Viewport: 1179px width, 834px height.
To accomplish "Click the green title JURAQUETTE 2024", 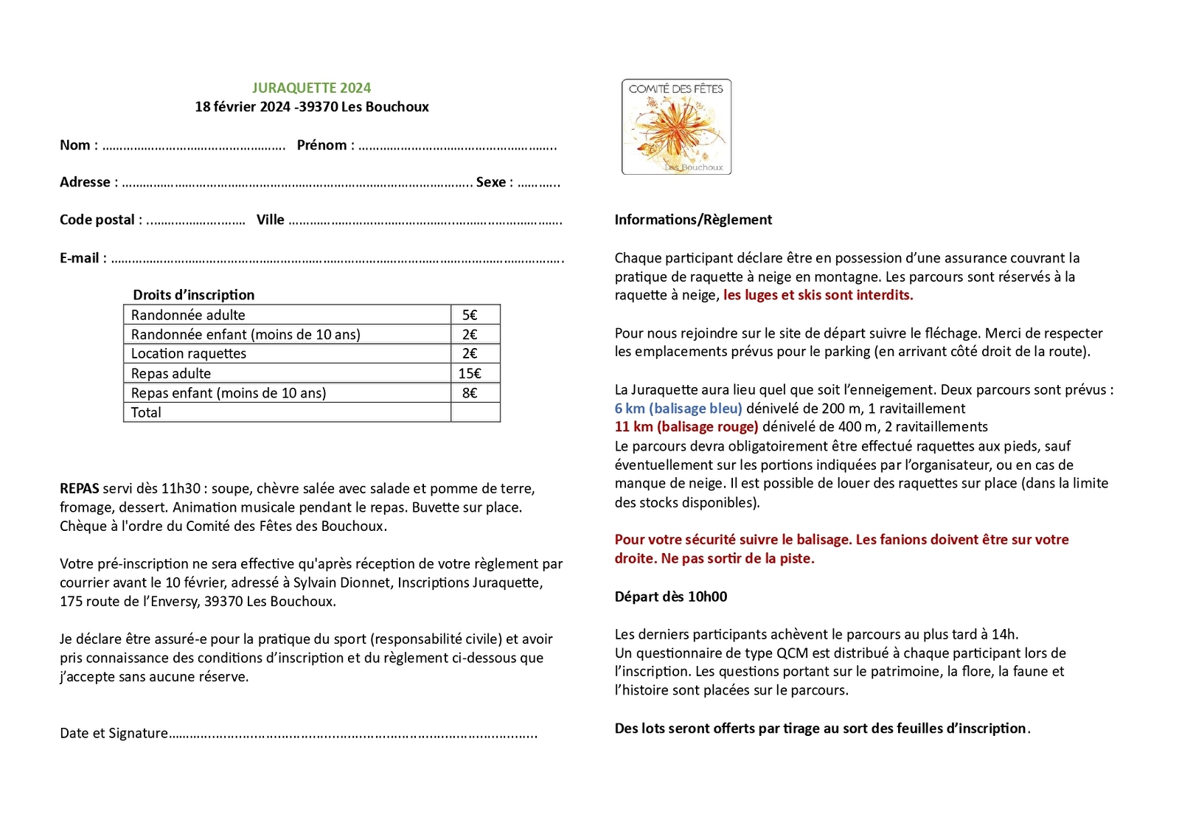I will click(x=311, y=88).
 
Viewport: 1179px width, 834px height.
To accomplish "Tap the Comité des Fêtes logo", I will click(x=676, y=127).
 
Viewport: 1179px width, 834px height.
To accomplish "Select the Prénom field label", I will click(x=321, y=145).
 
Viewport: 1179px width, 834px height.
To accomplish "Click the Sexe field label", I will click(x=491, y=182).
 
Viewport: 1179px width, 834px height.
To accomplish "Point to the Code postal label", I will click(x=97, y=220).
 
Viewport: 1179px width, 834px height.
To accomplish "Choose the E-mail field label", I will click(x=80, y=258).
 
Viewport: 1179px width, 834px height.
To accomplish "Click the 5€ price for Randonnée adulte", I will click(x=470, y=315).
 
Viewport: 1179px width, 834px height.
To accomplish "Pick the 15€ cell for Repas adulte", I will click(x=470, y=373).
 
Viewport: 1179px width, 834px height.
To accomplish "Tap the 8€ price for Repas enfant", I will click(x=470, y=393).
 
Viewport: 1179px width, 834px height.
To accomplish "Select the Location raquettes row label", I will click(x=189, y=353).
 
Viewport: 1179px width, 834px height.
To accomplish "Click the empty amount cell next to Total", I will click(x=475, y=412).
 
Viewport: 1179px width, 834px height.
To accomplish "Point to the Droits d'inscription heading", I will click(x=193, y=295).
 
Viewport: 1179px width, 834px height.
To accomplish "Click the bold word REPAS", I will click(x=80, y=488).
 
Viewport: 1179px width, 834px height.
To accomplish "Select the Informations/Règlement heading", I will click(x=693, y=220).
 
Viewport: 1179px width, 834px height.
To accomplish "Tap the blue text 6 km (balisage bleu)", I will click(x=678, y=409).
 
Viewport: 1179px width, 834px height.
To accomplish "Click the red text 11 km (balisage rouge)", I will click(x=686, y=426).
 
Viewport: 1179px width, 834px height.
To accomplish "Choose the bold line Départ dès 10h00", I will click(x=671, y=597).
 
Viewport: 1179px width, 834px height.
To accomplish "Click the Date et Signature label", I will click(x=114, y=733).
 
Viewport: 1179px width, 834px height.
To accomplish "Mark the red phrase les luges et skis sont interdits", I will click(x=818, y=295).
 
